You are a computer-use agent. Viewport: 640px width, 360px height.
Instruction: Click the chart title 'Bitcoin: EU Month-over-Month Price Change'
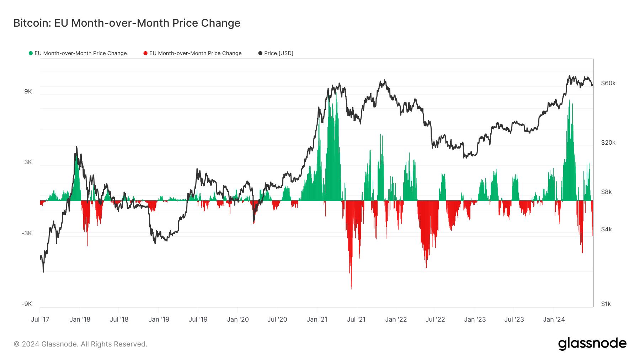127,23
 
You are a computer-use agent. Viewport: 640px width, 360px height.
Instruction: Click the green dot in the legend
31,53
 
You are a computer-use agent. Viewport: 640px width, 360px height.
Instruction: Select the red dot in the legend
145,53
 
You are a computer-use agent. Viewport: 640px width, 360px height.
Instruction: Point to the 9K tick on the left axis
28,92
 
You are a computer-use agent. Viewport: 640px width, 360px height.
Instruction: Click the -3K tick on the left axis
27,233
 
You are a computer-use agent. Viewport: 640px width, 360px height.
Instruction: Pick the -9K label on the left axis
27,304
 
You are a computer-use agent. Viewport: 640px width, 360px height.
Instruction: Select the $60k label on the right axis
608,83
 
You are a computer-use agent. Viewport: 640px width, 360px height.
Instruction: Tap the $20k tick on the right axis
608,143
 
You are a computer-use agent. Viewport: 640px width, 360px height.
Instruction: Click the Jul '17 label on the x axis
40,319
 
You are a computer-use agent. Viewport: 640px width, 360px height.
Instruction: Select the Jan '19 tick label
159,319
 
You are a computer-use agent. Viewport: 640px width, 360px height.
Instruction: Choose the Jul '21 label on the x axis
356,319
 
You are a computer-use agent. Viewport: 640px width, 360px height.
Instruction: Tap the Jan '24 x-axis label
554,319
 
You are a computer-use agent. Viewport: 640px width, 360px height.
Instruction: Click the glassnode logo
592,344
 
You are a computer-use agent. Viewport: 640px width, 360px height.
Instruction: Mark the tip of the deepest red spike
351,289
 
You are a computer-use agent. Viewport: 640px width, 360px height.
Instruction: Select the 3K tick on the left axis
28,162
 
